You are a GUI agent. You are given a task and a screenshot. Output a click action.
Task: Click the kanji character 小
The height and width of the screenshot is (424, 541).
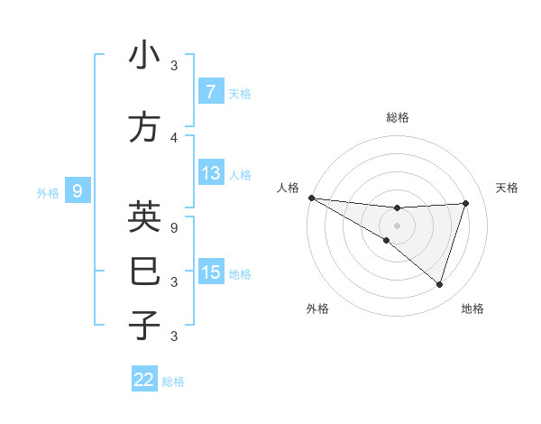[144, 56]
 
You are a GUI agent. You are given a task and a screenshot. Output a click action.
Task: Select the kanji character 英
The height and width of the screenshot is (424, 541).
[144, 217]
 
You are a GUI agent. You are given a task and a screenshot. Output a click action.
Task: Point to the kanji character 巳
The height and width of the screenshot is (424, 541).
[144, 272]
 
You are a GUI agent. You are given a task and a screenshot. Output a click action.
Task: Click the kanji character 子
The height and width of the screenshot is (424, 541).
[144, 324]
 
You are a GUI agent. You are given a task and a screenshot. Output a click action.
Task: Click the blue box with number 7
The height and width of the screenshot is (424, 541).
[210, 92]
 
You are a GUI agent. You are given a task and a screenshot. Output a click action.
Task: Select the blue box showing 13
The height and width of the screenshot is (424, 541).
[210, 173]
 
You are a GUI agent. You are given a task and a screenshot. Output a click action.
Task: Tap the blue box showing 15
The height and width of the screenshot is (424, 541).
[210, 273]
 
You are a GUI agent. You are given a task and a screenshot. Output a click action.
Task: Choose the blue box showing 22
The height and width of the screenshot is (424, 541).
[144, 380]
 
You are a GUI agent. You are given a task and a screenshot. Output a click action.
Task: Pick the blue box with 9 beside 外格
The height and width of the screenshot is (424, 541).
[78, 191]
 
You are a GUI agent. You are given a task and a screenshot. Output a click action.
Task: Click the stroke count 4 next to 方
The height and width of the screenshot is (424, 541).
[174, 138]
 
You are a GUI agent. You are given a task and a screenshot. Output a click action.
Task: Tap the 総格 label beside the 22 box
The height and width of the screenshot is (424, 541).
[173, 382]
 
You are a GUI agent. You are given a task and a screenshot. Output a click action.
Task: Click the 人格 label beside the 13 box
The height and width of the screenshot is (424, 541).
[240, 174]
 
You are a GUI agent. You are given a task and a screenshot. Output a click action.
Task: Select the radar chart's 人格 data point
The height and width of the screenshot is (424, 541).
[311, 198]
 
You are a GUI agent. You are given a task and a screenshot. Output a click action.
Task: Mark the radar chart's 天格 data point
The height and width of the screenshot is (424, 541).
[466, 203]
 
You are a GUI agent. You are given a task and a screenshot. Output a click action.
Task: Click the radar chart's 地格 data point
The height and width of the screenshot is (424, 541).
[439, 284]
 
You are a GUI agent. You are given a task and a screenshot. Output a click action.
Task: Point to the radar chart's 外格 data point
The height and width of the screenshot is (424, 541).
[387, 240]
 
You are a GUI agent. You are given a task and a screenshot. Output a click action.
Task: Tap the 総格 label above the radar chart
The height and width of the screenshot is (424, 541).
[397, 117]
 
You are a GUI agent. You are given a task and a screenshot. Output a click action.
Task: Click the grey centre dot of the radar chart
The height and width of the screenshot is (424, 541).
[397, 225]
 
